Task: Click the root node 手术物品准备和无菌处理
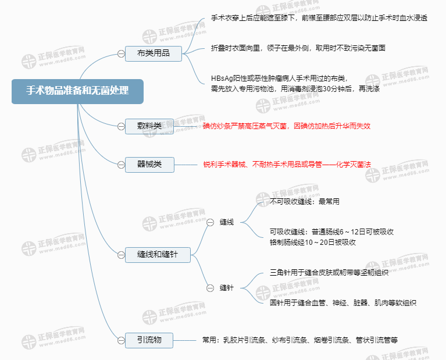tap(77, 91)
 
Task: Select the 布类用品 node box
tap(154, 54)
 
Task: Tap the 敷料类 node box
tap(149, 126)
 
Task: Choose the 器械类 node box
tap(149, 165)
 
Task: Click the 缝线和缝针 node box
tap(158, 254)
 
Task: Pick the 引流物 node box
tap(149, 340)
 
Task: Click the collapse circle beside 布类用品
tap(121, 54)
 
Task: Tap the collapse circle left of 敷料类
tap(121, 126)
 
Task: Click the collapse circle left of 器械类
tap(121, 165)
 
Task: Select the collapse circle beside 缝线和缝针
tap(121, 254)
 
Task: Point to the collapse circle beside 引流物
tap(121, 340)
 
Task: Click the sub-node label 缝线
tap(227, 222)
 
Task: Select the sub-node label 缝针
tap(227, 288)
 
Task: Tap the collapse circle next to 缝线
tap(210, 222)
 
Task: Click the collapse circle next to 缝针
tap(210, 288)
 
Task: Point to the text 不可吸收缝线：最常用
tap(305, 202)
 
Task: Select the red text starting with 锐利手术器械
tap(287, 165)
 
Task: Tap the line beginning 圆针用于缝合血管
tap(343, 303)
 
